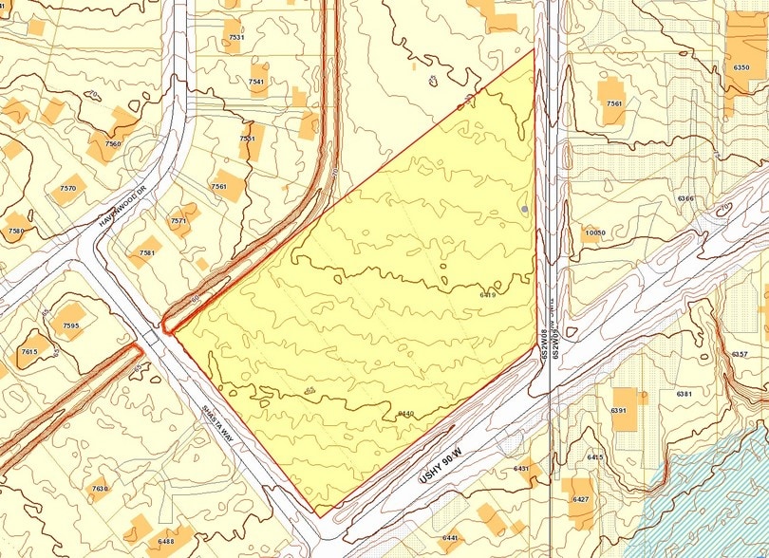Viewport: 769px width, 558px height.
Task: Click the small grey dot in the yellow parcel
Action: pos(524,208)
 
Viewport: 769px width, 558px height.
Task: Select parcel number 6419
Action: pos(489,295)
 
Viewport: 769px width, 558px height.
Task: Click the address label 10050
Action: pos(595,232)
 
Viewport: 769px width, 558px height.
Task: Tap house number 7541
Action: pos(256,82)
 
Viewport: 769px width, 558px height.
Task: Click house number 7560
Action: pos(114,143)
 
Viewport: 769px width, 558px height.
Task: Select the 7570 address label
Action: pos(67,188)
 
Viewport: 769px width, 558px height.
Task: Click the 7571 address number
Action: pos(178,220)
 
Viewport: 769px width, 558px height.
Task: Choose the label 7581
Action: pos(146,253)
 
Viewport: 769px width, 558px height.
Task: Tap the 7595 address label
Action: pos(70,325)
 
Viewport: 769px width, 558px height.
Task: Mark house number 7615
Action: pos(28,352)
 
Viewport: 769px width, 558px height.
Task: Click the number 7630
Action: pos(100,489)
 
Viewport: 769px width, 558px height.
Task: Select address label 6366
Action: pos(685,199)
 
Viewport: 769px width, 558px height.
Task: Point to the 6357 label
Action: pos(741,353)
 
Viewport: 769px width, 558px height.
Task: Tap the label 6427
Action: pos(581,498)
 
